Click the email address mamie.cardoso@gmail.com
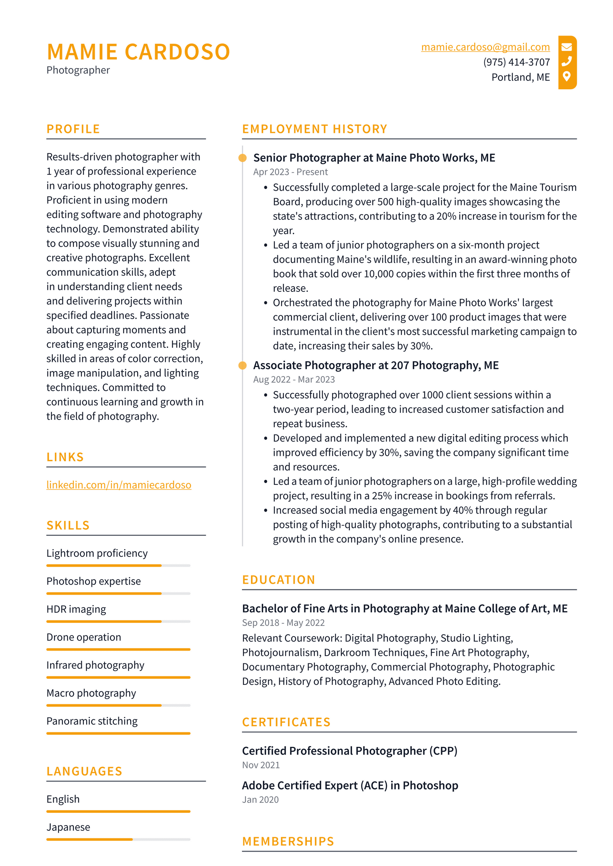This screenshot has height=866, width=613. click(x=485, y=47)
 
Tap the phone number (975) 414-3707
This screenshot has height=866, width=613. click(x=516, y=62)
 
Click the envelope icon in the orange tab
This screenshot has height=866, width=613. click(x=566, y=47)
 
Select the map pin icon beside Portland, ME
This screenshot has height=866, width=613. click(x=566, y=76)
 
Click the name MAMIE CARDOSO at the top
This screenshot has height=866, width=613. click(x=138, y=52)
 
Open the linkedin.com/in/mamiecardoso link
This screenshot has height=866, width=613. click(x=119, y=485)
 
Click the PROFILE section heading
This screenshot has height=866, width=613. click(x=73, y=129)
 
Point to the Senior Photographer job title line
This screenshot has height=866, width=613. click(x=374, y=158)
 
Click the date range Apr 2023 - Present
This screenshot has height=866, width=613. click(x=290, y=172)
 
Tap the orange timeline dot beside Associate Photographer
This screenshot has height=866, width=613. click(x=243, y=365)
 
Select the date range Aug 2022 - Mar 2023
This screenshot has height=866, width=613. click(x=294, y=379)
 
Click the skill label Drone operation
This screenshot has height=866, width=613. click(x=84, y=637)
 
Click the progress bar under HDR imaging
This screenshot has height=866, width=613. click(x=118, y=621)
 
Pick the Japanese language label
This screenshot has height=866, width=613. click(x=68, y=827)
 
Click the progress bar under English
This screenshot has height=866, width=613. click(x=118, y=811)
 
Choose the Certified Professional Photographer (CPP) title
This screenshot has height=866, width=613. click(x=349, y=751)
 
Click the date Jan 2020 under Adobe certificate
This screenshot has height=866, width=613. click(x=260, y=799)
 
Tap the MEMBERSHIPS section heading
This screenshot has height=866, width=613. click(x=288, y=841)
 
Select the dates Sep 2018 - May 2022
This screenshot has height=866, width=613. click(x=283, y=622)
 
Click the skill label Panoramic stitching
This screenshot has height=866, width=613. click(x=92, y=721)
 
